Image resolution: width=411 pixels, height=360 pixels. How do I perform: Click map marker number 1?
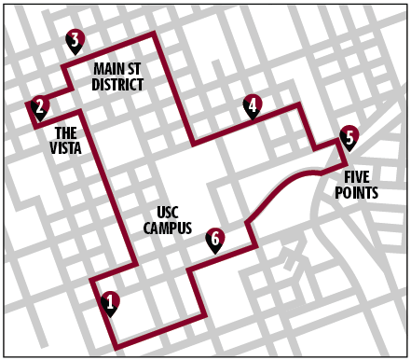[x=110, y=302]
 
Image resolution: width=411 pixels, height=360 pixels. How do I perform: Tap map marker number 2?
[x=39, y=107]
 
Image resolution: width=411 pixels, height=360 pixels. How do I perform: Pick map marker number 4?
[x=252, y=106]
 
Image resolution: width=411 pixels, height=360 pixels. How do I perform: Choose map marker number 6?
[x=214, y=240]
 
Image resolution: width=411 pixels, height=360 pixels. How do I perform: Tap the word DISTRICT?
[x=117, y=85]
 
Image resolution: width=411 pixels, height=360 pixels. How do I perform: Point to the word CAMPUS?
[x=168, y=228]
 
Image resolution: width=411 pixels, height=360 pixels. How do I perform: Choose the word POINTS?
[x=357, y=193]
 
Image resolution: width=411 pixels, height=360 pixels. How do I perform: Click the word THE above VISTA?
[x=65, y=132]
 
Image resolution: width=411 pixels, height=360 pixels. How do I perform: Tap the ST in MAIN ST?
[x=135, y=70]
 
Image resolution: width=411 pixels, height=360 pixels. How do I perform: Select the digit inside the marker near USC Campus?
[x=214, y=239]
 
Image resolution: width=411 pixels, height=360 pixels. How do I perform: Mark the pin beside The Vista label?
[x=39, y=107]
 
